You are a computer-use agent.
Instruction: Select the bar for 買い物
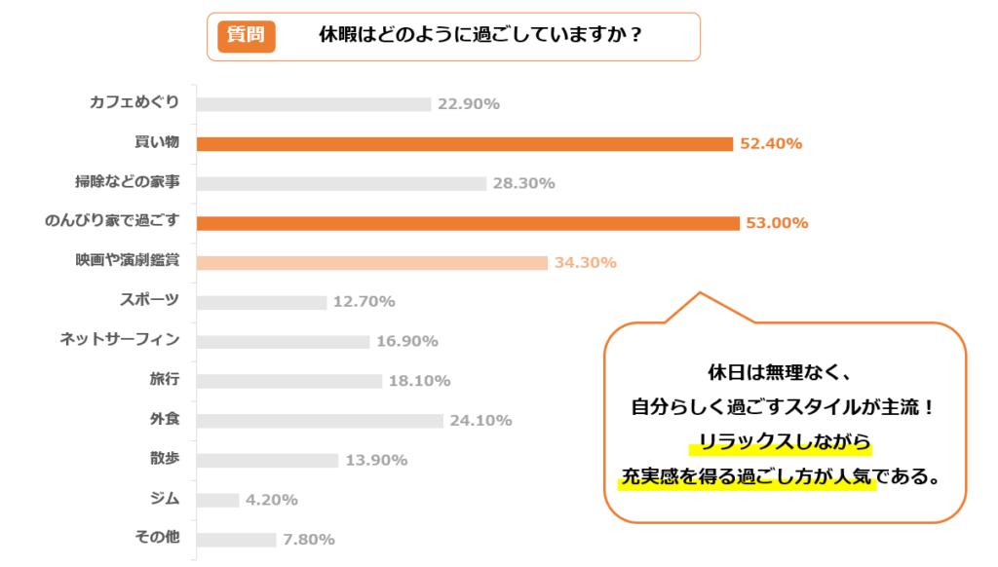point(464,144)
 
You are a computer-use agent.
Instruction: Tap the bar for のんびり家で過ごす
point(468,223)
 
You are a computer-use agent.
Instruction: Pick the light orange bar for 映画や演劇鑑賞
point(371,263)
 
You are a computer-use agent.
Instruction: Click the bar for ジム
point(217,500)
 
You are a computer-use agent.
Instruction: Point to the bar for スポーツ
point(261,302)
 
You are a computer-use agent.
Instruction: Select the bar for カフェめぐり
point(313,104)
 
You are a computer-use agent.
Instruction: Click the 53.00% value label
point(777,223)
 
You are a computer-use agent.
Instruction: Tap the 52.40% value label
point(771,144)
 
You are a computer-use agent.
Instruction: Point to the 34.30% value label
point(585,263)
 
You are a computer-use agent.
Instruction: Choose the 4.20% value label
point(272,500)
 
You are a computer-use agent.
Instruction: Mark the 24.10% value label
point(480,421)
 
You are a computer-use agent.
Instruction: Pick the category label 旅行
point(165,379)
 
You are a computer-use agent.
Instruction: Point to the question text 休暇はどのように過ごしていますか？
point(480,35)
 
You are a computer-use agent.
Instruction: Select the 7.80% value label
point(309,539)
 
